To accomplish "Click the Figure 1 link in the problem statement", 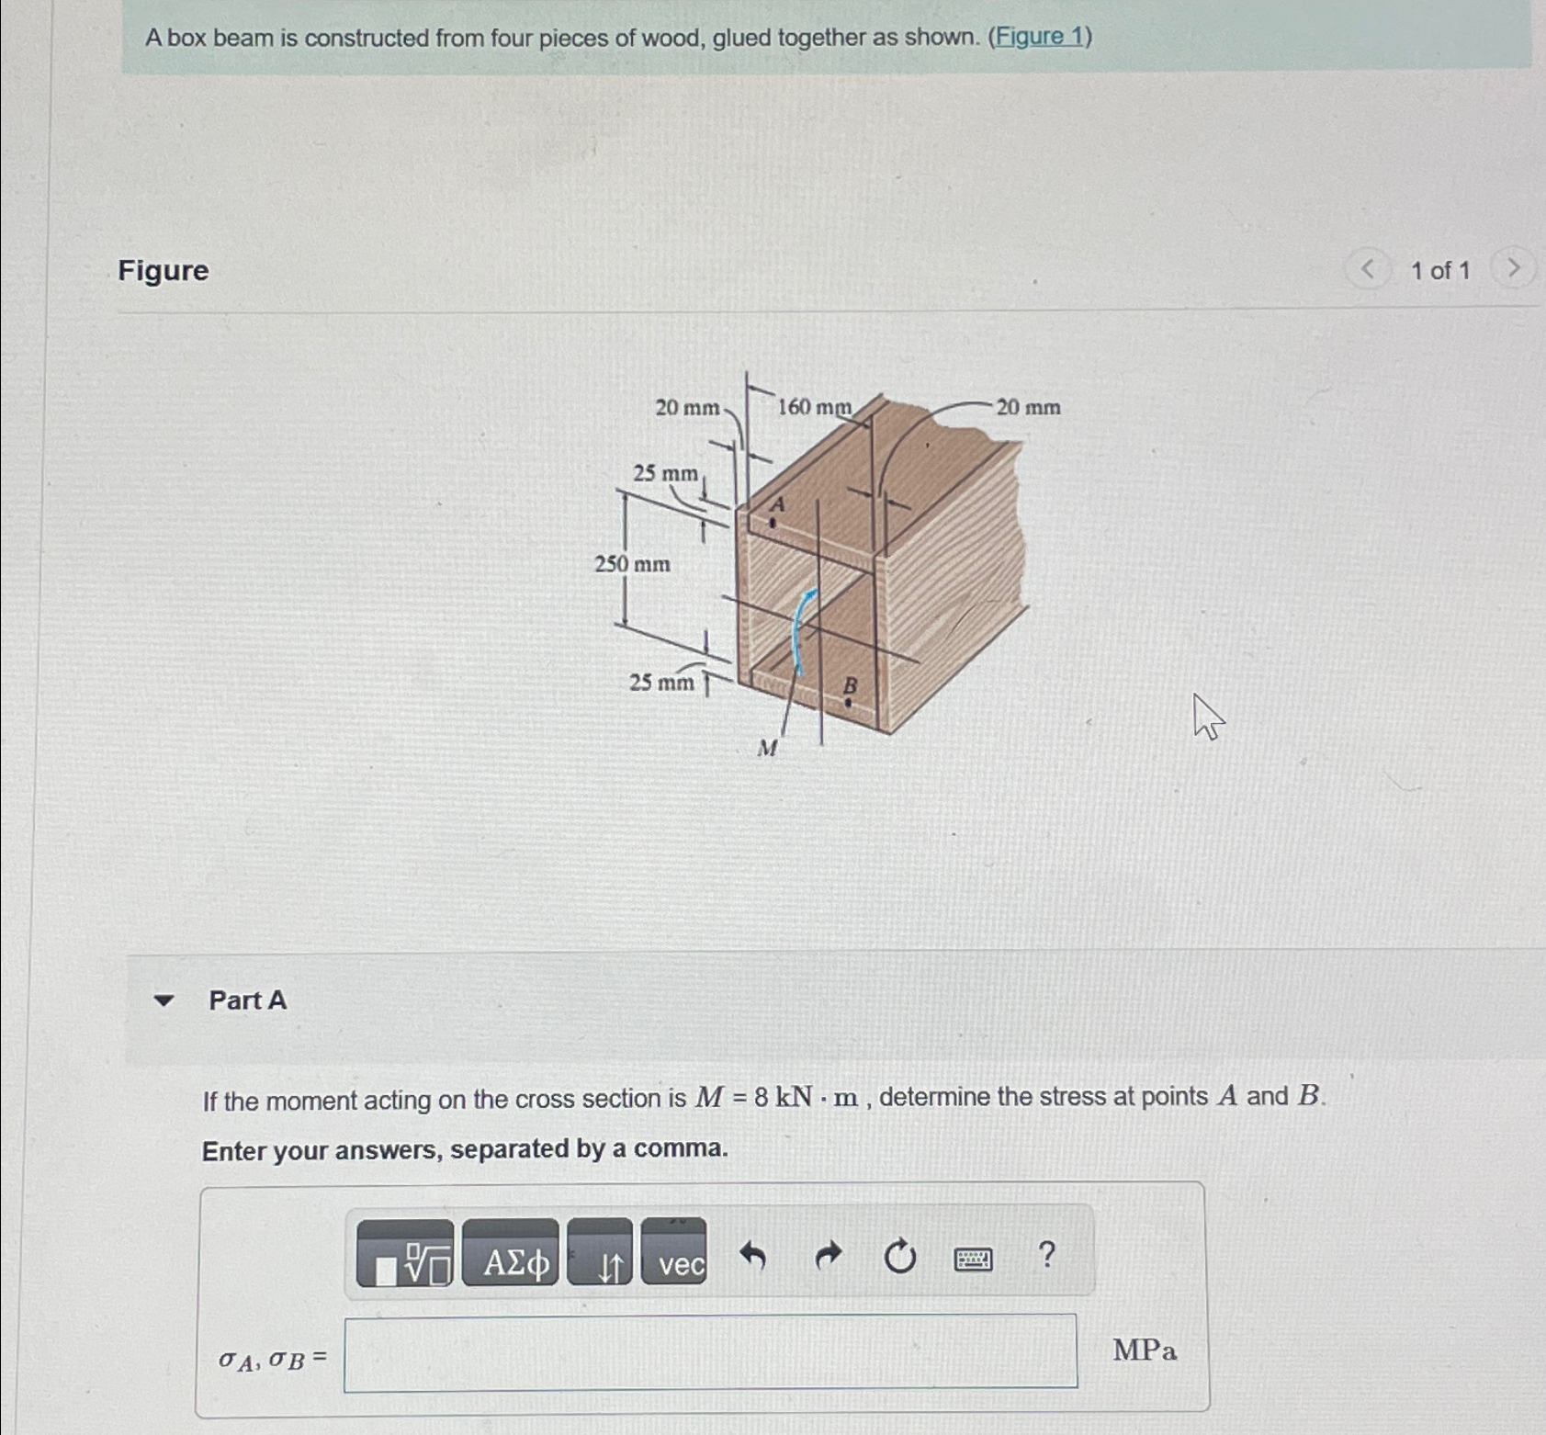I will [x=1039, y=37].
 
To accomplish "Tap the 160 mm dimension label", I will [x=814, y=407].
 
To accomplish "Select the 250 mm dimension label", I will [x=632, y=564].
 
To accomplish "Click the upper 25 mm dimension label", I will [x=665, y=473].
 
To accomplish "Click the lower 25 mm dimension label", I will [x=661, y=683].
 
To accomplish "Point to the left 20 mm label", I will [x=687, y=408].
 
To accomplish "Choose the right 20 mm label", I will [x=1028, y=407].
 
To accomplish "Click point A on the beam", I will [x=773, y=523].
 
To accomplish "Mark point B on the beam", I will [x=848, y=702].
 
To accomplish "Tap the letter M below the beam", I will [x=767, y=749].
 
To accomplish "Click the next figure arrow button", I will [x=1513, y=268].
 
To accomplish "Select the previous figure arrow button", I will [x=1368, y=269].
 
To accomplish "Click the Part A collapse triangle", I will [x=164, y=1000].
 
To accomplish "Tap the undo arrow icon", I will [x=752, y=1255].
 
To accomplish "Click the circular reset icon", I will [x=899, y=1256].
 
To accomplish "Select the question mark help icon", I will [x=1045, y=1254].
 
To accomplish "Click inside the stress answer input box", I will [x=709, y=1352].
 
